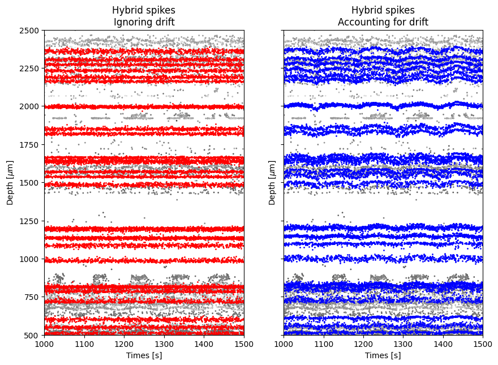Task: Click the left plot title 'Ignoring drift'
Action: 144,22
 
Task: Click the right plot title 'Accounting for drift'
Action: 383,22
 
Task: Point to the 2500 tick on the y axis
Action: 29,30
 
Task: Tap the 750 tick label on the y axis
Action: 32,297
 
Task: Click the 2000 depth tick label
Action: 29,106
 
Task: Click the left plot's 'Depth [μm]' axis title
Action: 10,182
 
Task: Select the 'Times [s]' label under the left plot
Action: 144,355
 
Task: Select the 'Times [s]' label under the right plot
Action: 383,355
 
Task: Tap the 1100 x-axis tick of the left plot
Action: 84,343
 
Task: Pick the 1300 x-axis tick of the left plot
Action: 164,343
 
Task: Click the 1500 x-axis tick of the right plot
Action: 483,343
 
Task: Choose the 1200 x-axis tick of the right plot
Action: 363,343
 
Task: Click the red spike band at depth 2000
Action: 144,106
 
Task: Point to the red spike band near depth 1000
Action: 144,260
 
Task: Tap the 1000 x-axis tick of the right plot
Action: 284,343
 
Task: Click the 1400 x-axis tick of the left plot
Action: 204,343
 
